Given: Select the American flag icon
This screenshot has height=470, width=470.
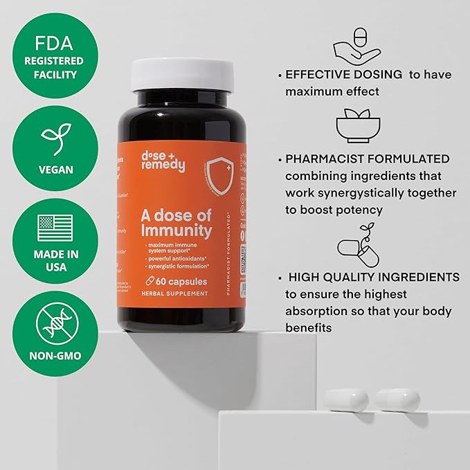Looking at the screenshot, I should click(x=55, y=225).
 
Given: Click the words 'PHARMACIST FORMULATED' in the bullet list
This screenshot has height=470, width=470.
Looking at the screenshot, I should click(x=367, y=159).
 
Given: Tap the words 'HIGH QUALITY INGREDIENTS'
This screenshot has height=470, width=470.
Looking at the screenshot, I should click(x=373, y=277).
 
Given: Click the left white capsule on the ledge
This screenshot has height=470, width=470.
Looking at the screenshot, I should click(x=347, y=399).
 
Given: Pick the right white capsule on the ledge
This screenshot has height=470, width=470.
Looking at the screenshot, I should click(x=398, y=399).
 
